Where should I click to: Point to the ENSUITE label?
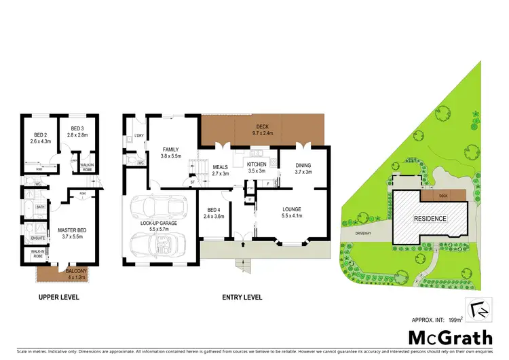tap(38, 238)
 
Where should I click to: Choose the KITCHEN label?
tap(257, 164)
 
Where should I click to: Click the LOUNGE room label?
tap(292, 209)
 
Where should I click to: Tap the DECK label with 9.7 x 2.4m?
tap(262, 126)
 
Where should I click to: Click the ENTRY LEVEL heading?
tap(243, 297)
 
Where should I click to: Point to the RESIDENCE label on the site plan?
tap(431, 219)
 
